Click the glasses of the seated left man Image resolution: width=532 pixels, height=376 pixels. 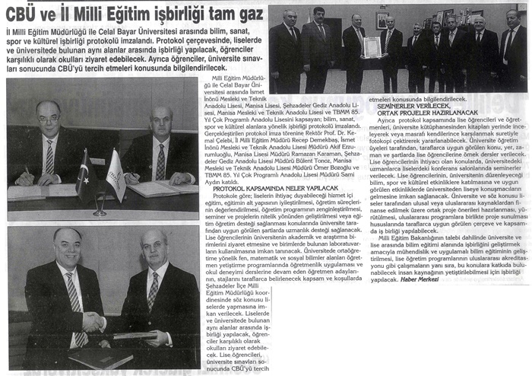(x=48, y=120)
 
